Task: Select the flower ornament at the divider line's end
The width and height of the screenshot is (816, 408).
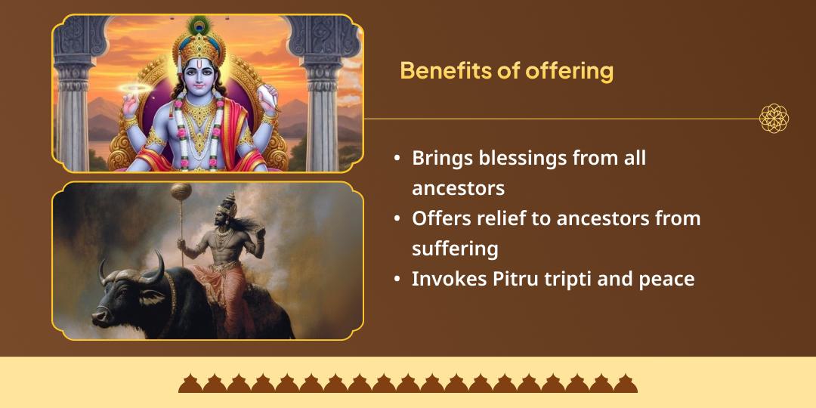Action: pos(774,119)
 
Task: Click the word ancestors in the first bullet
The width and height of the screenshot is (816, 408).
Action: pos(458,187)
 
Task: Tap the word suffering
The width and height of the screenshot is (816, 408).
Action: pos(455,249)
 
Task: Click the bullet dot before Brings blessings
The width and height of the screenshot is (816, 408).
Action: pos(397,159)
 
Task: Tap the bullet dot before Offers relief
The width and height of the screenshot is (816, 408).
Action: pos(397,219)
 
